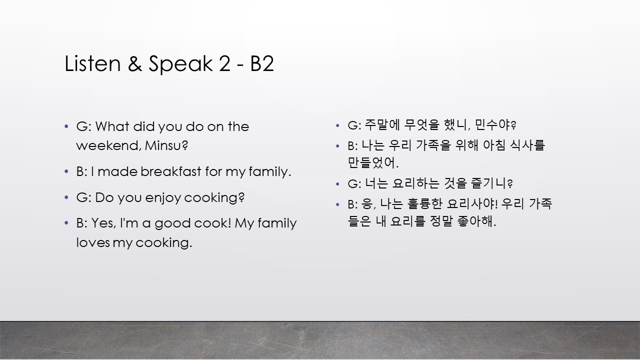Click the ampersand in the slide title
[x=135, y=63]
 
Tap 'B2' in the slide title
[x=262, y=63]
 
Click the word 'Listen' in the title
[x=92, y=63]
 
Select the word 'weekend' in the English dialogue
[x=108, y=145]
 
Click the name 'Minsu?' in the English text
[x=166, y=145]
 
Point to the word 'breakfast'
[x=171, y=171]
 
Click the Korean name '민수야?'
[x=495, y=125]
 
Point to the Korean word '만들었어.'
[x=373, y=162]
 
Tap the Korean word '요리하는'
[x=415, y=183]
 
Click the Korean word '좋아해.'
[x=476, y=221]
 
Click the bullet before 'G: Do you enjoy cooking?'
[x=66, y=197]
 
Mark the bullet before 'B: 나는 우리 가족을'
[x=337, y=146]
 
